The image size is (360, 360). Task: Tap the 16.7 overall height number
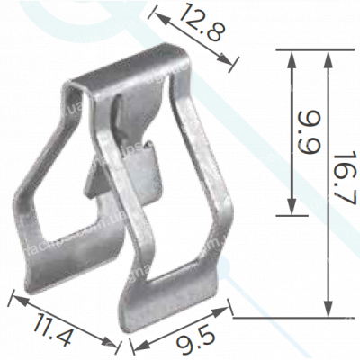click(339, 180)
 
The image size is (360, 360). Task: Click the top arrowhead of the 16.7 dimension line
click(327, 55)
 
